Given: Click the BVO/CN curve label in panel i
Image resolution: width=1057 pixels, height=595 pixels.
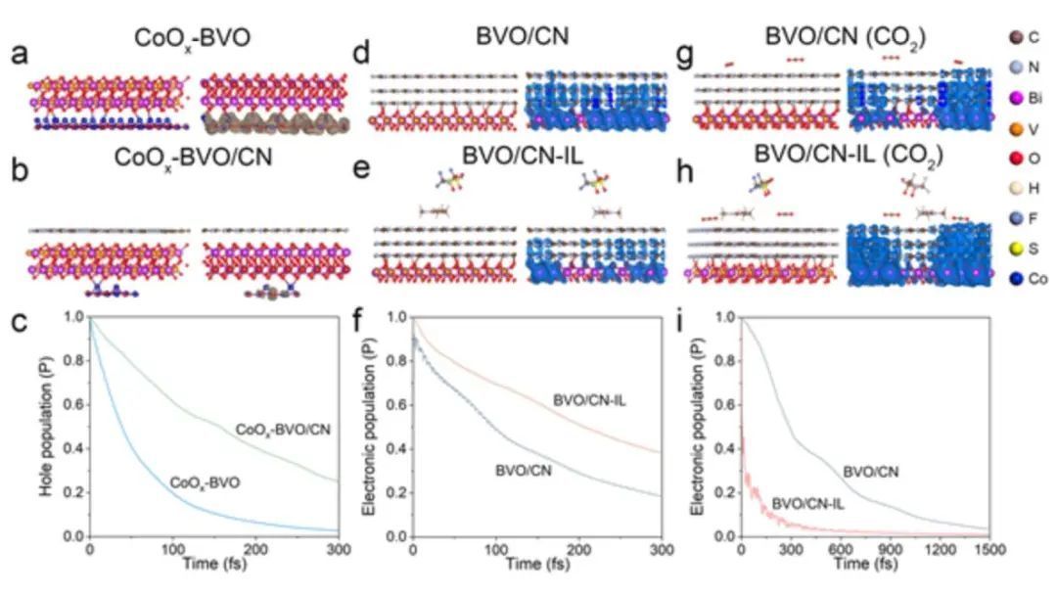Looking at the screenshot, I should click(x=871, y=472).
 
